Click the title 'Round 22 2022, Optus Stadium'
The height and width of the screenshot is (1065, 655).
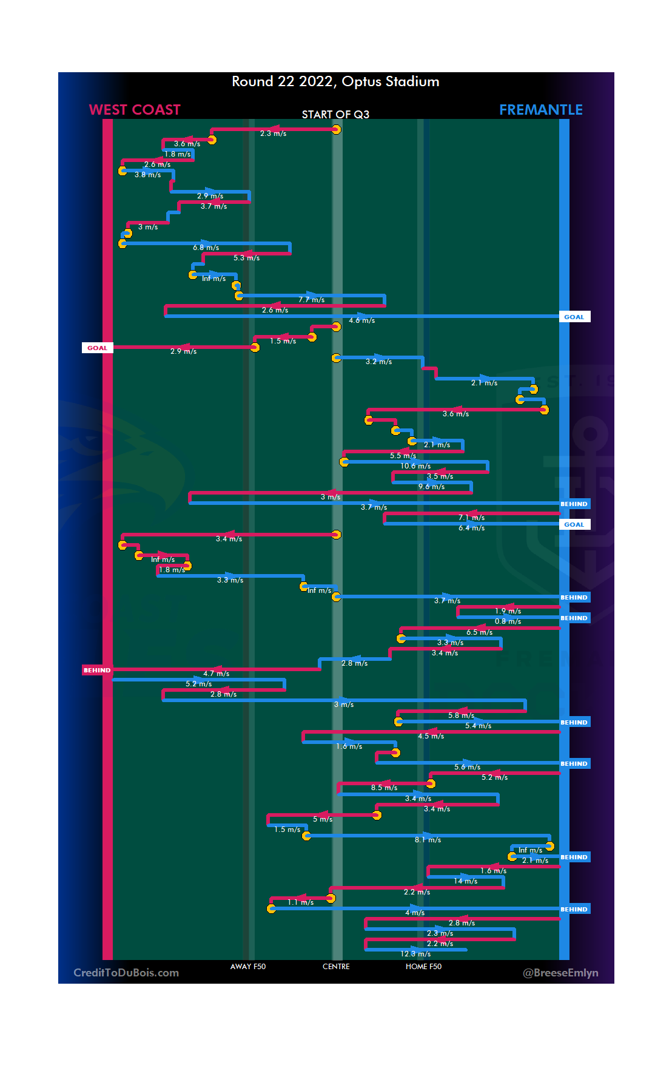(x=335, y=82)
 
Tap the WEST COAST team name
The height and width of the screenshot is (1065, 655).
(x=135, y=110)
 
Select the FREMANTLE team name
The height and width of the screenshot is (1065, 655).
(x=540, y=110)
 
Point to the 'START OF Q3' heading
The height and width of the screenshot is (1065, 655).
(x=335, y=115)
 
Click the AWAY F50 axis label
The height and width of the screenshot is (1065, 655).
(x=247, y=967)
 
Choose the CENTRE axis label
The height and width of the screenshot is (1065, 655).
(x=336, y=967)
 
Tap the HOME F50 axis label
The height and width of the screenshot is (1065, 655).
(x=423, y=967)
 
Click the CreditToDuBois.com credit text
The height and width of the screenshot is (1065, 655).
(x=126, y=973)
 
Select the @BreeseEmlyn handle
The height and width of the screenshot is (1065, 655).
(x=560, y=973)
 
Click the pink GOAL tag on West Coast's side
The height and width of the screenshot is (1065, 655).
(x=97, y=348)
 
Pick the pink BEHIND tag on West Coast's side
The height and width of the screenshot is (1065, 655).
(x=97, y=671)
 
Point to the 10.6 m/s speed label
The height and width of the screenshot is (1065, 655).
(x=415, y=466)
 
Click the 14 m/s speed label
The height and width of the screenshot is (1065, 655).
(x=466, y=881)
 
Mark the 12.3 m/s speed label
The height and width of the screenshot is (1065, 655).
(x=415, y=954)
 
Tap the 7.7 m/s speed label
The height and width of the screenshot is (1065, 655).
(x=311, y=300)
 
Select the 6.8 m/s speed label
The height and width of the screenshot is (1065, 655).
(x=206, y=248)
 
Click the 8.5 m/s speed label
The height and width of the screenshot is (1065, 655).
(x=384, y=788)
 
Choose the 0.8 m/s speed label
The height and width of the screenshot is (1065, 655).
(x=508, y=621)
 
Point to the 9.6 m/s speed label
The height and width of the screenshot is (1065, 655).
(x=431, y=487)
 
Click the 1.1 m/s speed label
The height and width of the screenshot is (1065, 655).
(x=301, y=902)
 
